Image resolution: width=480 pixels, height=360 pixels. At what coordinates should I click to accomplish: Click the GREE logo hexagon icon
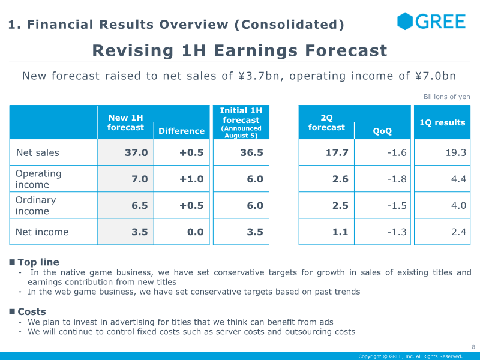(x=405, y=21)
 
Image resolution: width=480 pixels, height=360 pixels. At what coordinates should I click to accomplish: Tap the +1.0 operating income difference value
(x=191, y=179)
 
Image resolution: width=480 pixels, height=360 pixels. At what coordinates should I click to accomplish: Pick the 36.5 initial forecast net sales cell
(x=251, y=152)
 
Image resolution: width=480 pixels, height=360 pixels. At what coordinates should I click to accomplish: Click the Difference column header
(x=182, y=131)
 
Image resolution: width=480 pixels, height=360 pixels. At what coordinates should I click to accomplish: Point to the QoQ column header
(x=382, y=131)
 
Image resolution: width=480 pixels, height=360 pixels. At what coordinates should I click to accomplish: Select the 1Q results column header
(x=442, y=122)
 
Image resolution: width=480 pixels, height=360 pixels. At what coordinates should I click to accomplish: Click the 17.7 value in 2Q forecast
(x=337, y=152)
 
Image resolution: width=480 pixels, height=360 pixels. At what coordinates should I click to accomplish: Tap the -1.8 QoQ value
(x=397, y=179)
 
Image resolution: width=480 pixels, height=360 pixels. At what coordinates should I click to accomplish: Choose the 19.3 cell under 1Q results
(x=456, y=152)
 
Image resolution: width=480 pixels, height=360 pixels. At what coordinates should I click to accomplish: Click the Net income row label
(x=42, y=232)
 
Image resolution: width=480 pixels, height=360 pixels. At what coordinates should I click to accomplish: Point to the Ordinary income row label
(x=35, y=205)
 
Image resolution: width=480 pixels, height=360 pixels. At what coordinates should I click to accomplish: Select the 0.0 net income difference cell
(x=196, y=232)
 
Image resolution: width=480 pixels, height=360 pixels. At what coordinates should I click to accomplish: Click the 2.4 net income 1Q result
(x=458, y=232)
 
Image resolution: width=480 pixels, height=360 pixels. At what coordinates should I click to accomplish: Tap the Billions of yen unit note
(x=446, y=97)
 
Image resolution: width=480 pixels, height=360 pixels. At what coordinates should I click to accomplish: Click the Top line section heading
(x=38, y=262)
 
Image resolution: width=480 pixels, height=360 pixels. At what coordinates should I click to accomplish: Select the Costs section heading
(x=32, y=311)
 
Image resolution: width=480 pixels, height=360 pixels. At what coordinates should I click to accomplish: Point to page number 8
(x=473, y=347)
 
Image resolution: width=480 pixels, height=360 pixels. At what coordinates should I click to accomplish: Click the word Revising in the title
(x=133, y=51)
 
